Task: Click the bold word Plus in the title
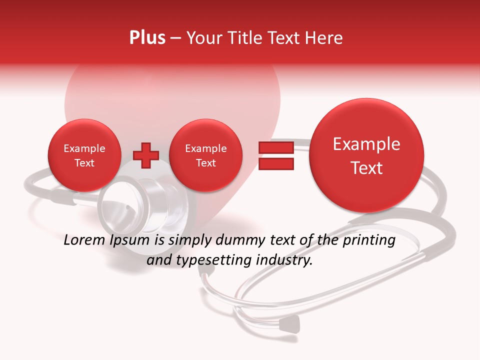click(x=147, y=38)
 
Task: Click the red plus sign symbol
click(x=145, y=155)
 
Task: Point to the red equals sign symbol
click(x=275, y=155)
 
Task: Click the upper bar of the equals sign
click(x=275, y=147)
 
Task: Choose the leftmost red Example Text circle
click(x=84, y=155)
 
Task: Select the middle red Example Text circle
click(x=205, y=155)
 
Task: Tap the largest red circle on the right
click(x=366, y=155)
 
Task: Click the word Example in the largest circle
click(x=366, y=144)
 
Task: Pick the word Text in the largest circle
click(x=366, y=168)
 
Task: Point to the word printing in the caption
click(x=368, y=241)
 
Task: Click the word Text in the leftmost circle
click(x=84, y=163)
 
